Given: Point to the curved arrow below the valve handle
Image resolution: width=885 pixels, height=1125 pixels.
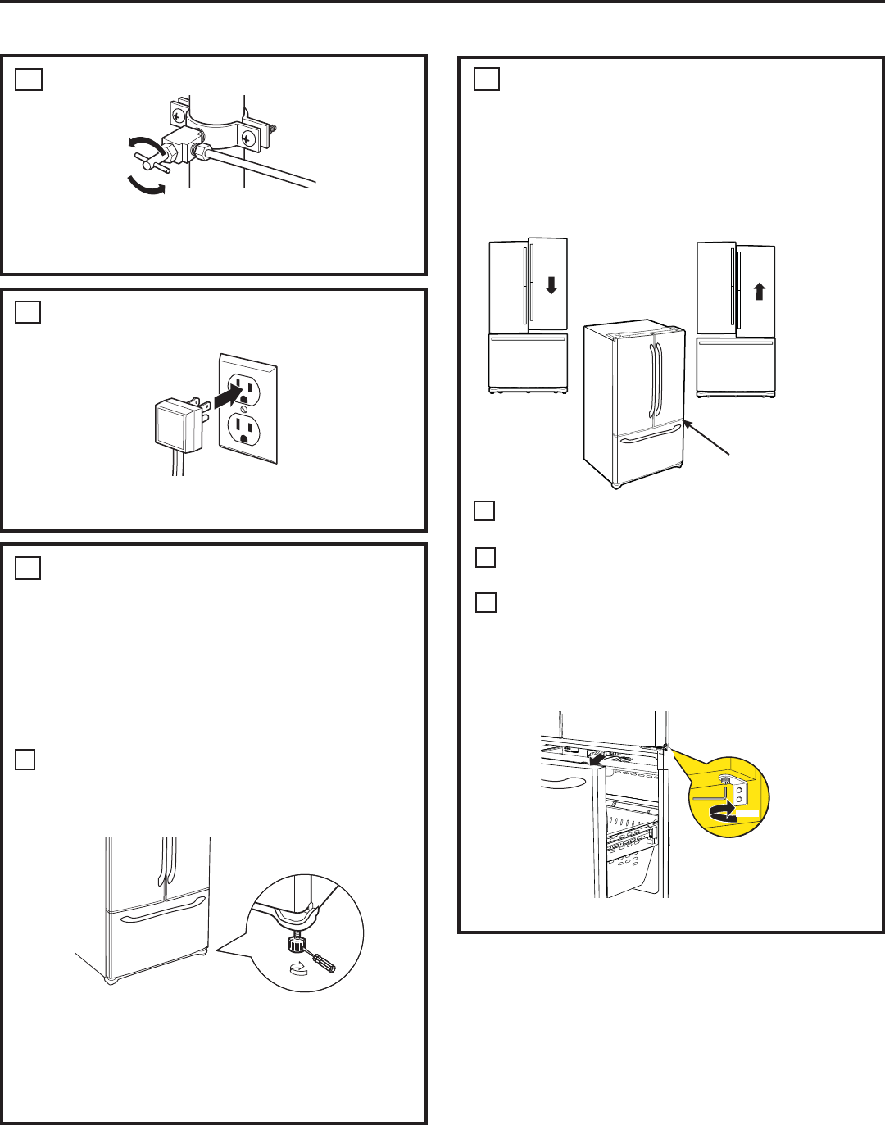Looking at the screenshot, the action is (146, 186).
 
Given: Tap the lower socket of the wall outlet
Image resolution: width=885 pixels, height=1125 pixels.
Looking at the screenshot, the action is (243, 429).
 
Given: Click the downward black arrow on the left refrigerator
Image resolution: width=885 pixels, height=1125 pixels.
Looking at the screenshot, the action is (551, 285).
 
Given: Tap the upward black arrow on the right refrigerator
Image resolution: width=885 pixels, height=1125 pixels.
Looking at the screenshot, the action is (760, 291).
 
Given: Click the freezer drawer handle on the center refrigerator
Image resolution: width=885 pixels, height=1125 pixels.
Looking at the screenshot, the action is (650, 439).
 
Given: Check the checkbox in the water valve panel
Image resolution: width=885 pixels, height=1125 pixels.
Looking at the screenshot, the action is (29, 79).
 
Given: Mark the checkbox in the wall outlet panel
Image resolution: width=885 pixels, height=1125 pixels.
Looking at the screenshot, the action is (29, 313).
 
